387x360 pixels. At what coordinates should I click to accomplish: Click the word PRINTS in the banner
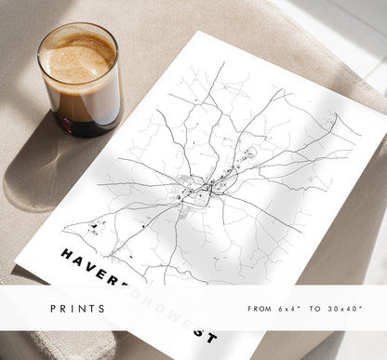[79, 308]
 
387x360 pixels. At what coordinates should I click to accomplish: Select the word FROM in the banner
[260, 308]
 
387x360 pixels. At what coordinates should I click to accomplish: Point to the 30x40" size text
[350, 308]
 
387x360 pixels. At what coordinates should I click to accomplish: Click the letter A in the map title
[81, 259]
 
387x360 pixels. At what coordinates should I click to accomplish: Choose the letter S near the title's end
[200, 332]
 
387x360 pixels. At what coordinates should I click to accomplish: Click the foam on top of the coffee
[78, 55]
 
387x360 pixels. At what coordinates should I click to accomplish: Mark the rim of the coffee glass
[78, 27]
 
